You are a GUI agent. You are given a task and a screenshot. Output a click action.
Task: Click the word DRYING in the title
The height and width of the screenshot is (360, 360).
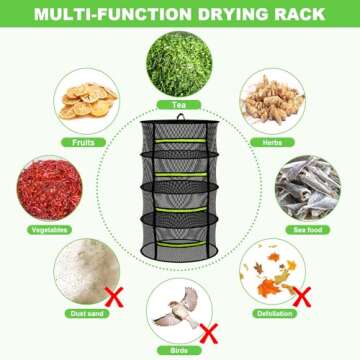point(219,14)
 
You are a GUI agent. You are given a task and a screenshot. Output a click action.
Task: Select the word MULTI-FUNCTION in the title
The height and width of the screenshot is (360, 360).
point(107,14)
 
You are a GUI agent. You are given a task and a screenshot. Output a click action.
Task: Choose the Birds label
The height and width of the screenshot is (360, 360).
point(180,352)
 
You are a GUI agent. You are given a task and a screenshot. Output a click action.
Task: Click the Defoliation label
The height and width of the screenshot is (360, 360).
point(270,314)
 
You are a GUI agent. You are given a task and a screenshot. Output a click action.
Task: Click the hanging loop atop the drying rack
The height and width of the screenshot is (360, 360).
point(181,119)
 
